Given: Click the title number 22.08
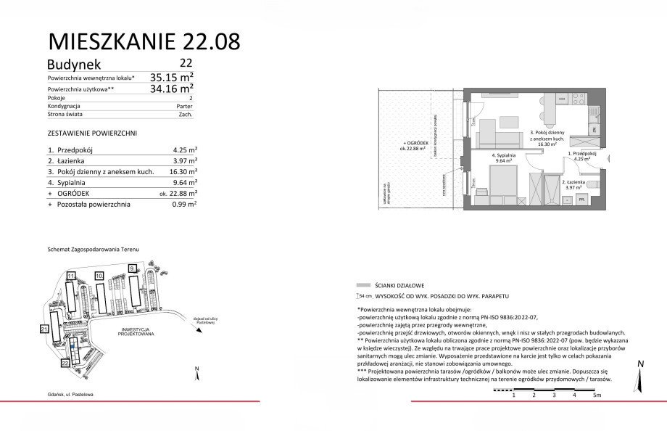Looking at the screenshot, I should click(204, 41).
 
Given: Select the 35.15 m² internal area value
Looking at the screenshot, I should click(171, 76).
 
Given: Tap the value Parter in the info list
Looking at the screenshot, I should click(184, 105).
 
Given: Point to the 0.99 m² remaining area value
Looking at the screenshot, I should click(184, 205).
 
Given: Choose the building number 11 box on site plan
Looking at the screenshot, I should click(70, 276).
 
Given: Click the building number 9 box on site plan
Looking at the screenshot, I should click(131, 268).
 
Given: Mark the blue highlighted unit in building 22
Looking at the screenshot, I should click(72, 345).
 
